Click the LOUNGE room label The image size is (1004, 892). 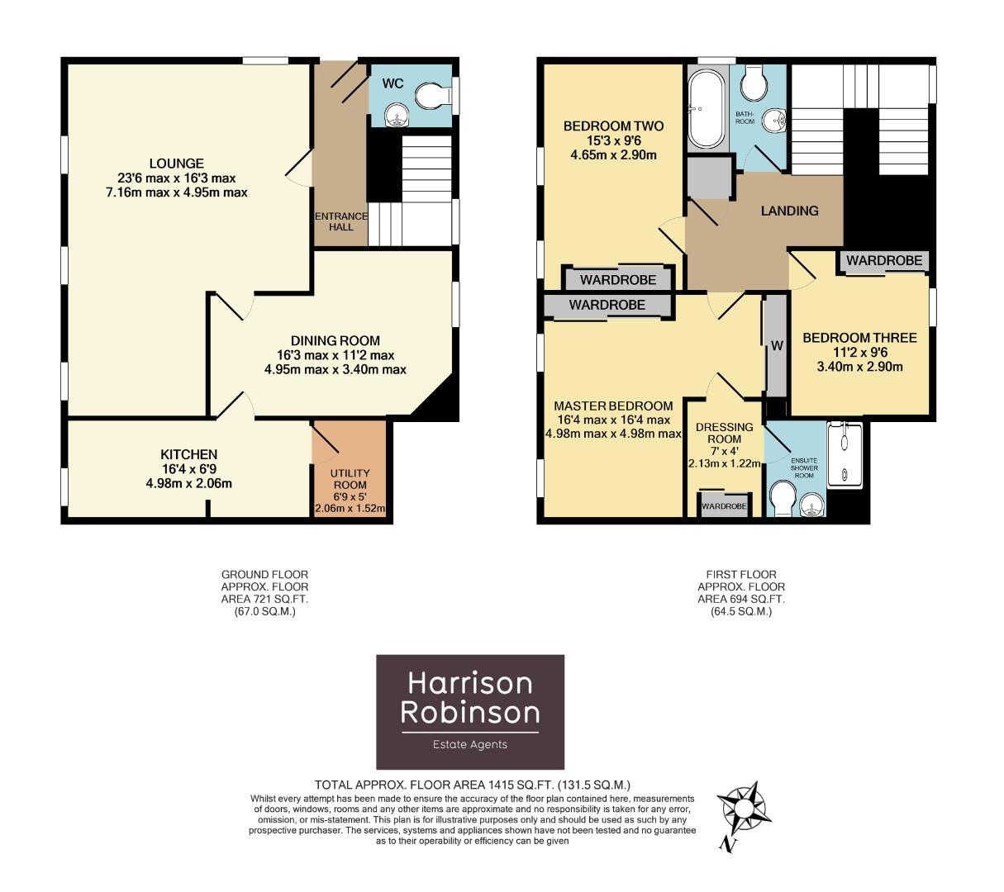pos(177,164)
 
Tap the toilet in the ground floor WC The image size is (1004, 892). pos(431,97)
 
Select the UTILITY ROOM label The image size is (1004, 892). pos(350,479)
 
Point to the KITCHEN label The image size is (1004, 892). pos(188,454)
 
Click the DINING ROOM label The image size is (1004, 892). pos(335,340)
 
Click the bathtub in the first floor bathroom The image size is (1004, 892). pos(705,108)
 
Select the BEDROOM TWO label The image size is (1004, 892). pos(613,126)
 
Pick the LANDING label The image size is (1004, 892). pos(789,211)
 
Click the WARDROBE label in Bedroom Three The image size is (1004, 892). pos(883,260)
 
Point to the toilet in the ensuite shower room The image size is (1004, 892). pos(781,498)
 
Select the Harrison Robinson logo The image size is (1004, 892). pos(470,711)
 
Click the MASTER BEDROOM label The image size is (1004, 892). pos(613,406)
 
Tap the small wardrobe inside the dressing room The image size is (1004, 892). pos(724,505)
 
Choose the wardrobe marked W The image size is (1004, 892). pos(776,346)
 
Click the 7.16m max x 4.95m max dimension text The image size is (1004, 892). pos(177,192)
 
